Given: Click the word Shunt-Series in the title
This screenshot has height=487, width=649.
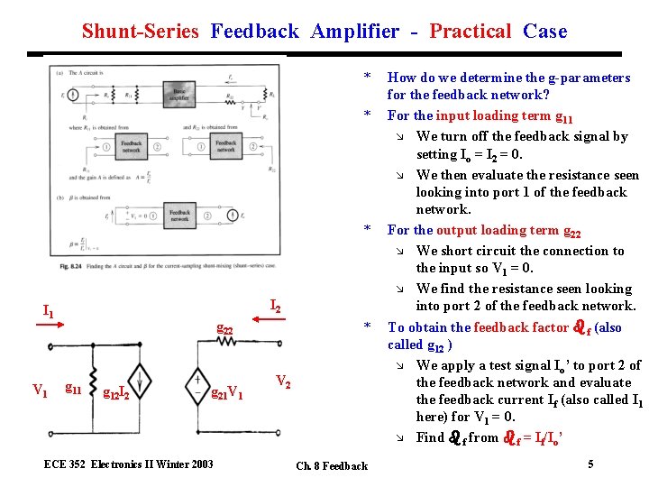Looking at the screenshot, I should click(x=140, y=32).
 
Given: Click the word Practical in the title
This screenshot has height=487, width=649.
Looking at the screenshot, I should click(x=470, y=32).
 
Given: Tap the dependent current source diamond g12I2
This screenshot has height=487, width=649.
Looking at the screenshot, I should click(x=141, y=378).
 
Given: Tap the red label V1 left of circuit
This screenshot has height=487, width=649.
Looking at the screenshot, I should click(x=40, y=391).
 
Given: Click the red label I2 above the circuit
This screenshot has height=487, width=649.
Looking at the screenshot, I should click(x=276, y=308).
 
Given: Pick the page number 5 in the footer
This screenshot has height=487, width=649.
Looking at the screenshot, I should click(x=590, y=464).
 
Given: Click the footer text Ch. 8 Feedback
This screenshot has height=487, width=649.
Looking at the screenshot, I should click(x=331, y=466).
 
